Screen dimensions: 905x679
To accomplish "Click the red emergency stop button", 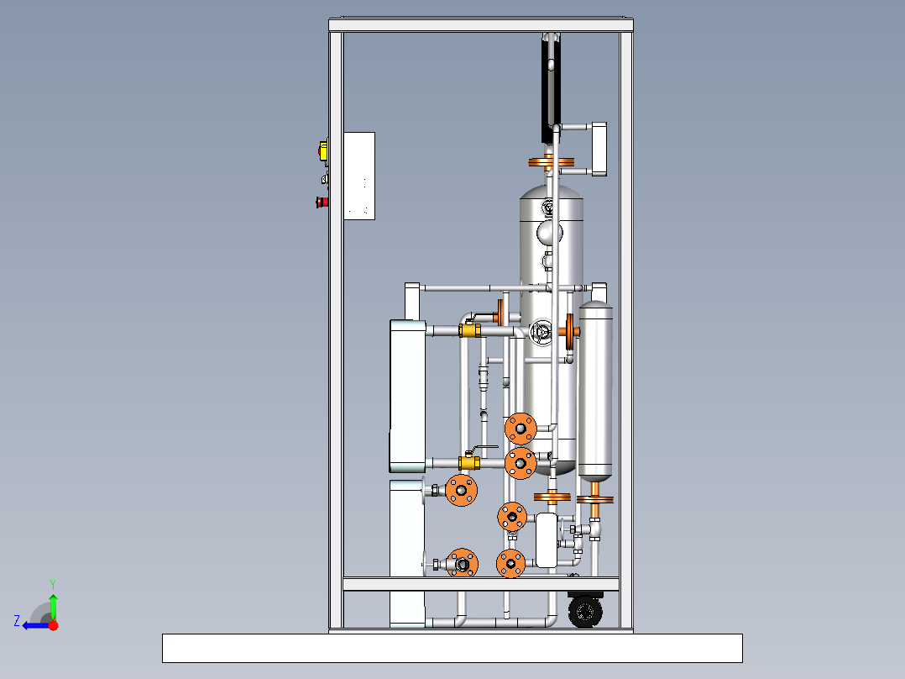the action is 322,202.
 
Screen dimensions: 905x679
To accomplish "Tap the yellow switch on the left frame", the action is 323,150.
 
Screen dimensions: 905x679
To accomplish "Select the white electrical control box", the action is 359,176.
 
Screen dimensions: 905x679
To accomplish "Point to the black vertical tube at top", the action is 551,88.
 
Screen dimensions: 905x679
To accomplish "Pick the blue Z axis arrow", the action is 36,625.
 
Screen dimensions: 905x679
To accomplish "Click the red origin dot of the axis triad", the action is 53,625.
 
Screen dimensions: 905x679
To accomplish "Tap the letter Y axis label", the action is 53,584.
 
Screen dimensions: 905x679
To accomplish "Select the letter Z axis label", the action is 17,621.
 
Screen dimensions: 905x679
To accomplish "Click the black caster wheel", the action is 585,612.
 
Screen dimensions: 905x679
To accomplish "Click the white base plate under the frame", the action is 452,648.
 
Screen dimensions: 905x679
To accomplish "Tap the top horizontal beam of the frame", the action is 481,25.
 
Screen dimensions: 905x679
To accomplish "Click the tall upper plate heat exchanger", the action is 407,396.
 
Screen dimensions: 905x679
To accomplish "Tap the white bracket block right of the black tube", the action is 599,149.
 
